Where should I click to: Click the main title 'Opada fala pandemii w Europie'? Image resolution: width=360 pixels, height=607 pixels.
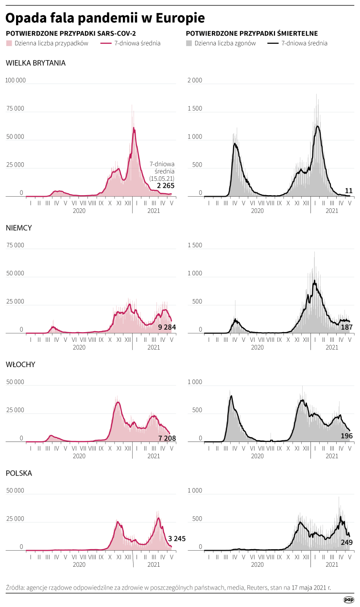(105, 18)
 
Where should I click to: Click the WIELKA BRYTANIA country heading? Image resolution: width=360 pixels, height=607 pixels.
(35, 63)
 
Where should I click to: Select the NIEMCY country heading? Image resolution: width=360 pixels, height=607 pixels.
(19, 227)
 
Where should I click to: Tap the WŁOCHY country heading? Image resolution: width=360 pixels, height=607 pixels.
(20, 364)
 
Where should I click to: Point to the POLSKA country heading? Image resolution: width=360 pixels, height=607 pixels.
(19, 472)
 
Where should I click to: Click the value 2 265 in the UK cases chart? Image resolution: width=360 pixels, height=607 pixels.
(166, 185)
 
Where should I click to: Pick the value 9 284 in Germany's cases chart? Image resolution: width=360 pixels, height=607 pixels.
(167, 327)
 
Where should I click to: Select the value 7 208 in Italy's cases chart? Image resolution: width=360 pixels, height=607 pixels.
(167, 438)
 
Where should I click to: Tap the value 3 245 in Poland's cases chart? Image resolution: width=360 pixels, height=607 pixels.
(177, 539)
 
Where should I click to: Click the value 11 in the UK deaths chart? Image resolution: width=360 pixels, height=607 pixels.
(348, 190)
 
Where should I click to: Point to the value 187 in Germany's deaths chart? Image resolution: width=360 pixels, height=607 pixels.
(347, 327)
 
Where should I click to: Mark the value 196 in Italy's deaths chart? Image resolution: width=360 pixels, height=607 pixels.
(347, 436)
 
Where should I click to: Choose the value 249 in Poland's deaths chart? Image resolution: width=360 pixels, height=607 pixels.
(347, 542)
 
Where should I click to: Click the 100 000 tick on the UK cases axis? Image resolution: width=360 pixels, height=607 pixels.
(15, 80)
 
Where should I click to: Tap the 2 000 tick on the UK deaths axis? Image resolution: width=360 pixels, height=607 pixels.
(194, 80)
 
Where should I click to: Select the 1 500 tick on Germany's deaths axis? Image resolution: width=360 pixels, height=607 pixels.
(194, 245)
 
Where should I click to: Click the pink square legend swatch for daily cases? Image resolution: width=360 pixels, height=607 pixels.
(8, 43)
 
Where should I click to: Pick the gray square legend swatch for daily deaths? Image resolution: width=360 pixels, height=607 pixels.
(189, 43)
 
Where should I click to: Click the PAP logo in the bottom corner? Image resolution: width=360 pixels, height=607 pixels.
(348, 599)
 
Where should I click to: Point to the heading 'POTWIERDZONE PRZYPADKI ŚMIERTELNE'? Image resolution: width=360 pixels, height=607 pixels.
(252, 34)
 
